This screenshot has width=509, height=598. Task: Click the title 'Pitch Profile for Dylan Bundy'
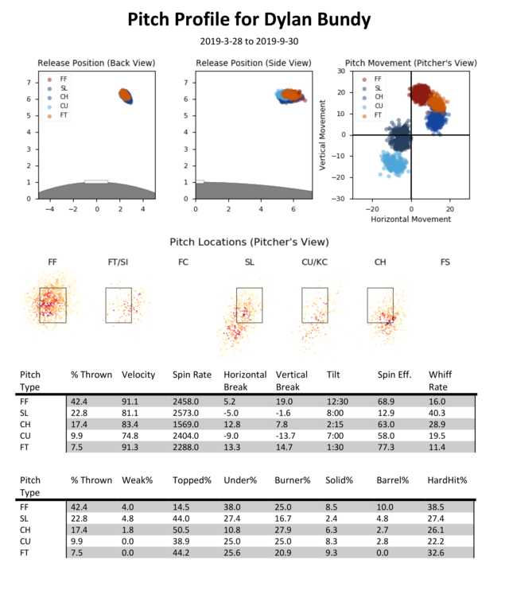[x=254, y=19]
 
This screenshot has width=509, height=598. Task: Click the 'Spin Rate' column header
[x=190, y=374]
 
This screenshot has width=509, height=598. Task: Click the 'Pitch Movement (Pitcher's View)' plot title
[x=410, y=63]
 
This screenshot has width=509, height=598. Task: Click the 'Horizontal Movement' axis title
[x=410, y=218]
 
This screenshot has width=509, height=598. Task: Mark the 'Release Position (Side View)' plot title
[x=253, y=63]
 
